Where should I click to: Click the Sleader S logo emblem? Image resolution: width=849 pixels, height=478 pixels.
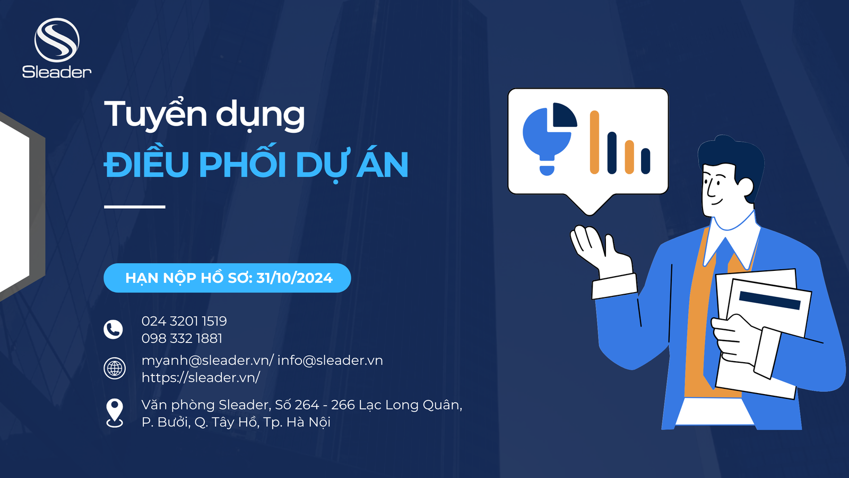[57, 40]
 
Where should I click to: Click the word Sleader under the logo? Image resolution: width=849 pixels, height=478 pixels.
[57, 72]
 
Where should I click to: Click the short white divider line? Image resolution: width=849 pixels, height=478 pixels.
[135, 207]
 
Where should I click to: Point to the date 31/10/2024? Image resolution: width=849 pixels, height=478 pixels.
[294, 278]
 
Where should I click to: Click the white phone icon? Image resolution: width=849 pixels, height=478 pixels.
[114, 329]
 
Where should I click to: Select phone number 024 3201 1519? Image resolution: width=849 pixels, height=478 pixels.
[184, 321]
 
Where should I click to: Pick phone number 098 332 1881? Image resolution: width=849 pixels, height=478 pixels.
[182, 338]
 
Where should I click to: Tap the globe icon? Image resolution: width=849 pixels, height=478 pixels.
[115, 369]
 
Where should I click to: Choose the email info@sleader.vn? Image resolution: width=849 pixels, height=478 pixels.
[330, 361]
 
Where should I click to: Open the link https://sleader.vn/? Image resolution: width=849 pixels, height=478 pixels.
[201, 378]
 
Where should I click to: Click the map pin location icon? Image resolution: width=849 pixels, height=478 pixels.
[115, 413]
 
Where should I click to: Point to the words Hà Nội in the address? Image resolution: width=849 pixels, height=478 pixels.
[308, 422]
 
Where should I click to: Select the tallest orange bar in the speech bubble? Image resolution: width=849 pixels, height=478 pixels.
[594, 142]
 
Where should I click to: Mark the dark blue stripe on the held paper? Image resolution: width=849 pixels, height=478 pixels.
[770, 301]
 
